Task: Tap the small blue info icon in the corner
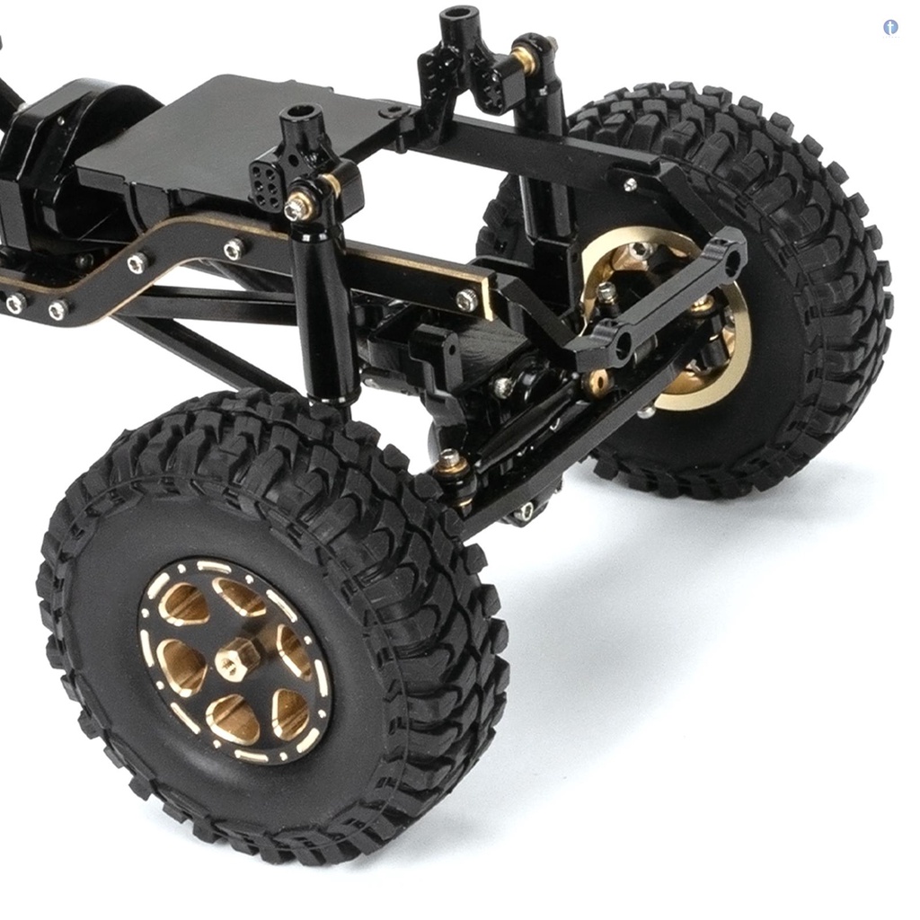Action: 889,28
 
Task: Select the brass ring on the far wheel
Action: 737,359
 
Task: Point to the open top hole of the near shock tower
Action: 303,113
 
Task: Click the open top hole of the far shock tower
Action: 459,14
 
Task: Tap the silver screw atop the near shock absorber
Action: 295,208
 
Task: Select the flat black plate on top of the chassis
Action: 243,135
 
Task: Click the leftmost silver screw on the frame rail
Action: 15,303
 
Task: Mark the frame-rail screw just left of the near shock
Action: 233,249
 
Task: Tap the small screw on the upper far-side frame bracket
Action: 630,184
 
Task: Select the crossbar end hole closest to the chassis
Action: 618,342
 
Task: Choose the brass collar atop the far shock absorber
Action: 524,58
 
